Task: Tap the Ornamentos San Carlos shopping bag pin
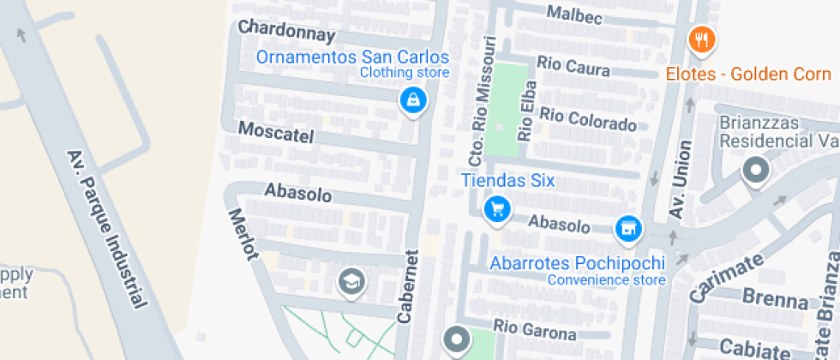pos(414,100)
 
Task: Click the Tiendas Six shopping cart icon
pos(496,207)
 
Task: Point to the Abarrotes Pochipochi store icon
pos(628,228)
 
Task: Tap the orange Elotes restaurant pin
pos(702,39)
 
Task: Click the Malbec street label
pos(574,15)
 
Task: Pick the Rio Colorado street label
pos(588,119)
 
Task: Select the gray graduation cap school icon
pos(351,280)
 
